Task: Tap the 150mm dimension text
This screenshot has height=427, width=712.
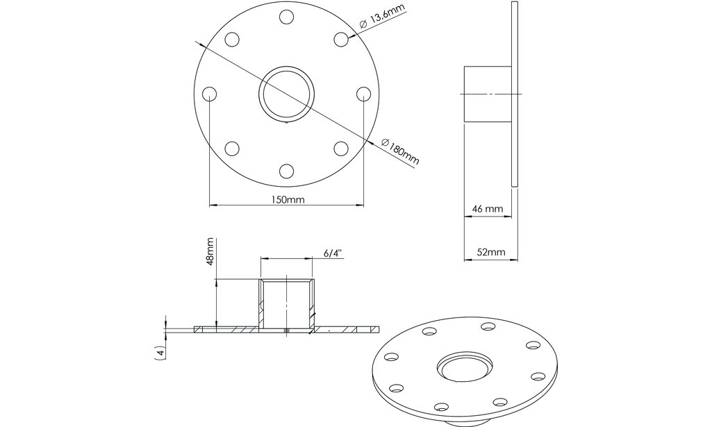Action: [x=286, y=199]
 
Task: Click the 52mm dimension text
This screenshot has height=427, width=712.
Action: [x=490, y=253]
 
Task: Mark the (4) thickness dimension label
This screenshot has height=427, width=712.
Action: [x=161, y=352]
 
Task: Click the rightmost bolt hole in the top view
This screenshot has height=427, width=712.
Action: [x=363, y=94]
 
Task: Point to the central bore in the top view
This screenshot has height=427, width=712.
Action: [x=286, y=94]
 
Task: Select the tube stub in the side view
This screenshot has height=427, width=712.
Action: [x=486, y=94]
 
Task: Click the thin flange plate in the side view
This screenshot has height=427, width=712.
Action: [x=514, y=94]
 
